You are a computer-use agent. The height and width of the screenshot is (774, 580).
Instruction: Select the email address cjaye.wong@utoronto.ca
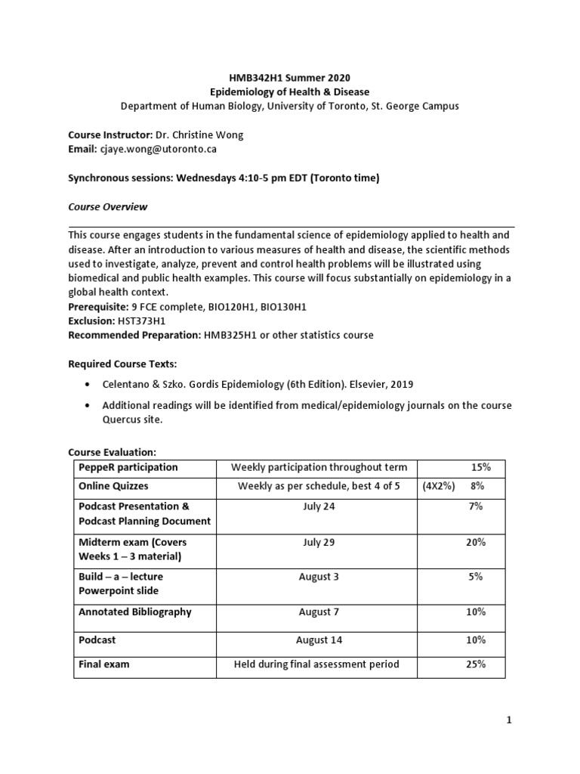(x=158, y=150)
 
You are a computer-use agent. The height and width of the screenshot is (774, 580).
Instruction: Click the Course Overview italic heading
(x=108, y=206)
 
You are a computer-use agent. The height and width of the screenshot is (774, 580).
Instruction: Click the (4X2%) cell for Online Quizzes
(x=438, y=487)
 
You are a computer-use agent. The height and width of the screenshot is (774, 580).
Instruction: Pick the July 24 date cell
(x=319, y=506)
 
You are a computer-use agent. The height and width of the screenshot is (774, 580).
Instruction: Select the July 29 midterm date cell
(x=319, y=543)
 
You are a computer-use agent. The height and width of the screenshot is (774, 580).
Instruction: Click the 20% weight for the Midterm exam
(x=476, y=543)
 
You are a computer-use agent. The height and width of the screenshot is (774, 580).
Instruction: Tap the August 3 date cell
(x=319, y=577)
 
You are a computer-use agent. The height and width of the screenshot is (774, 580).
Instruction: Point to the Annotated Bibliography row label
(x=135, y=612)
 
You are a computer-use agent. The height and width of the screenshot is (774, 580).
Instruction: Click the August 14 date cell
(x=319, y=640)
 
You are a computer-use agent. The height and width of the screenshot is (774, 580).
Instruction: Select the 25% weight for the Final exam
(x=476, y=664)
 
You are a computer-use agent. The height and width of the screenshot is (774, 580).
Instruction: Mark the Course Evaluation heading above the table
(x=112, y=452)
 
